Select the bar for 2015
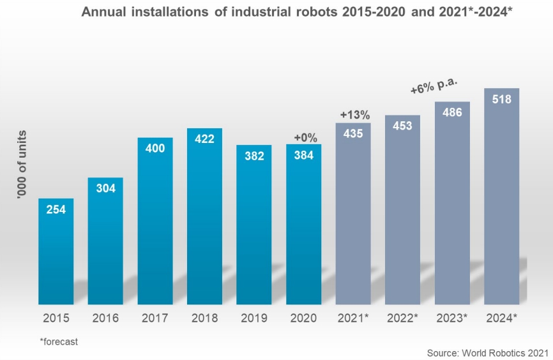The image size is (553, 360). (56, 252)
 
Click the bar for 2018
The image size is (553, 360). (204, 217)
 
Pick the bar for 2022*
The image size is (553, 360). (403, 211)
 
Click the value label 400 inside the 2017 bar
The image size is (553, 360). (155, 148)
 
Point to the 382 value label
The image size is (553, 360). (254, 156)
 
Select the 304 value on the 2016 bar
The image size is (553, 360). (105, 188)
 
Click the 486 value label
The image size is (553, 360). (452, 112)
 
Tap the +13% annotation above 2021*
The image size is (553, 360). (354, 115)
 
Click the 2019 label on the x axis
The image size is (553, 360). (254, 317)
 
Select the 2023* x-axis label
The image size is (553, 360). (452, 317)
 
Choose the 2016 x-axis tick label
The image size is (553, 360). (105, 317)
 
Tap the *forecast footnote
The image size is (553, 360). (59, 341)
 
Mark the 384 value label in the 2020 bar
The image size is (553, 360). (303, 155)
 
